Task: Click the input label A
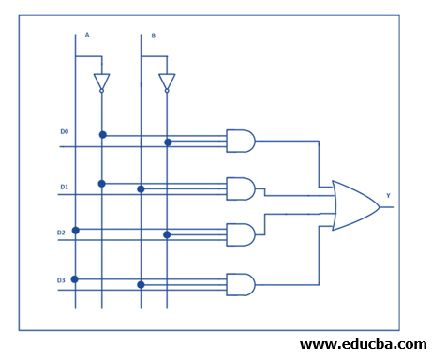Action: coord(87,35)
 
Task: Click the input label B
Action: coord(154,36)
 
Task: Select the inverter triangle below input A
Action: coord(101,82)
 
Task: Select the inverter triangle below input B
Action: coord(167,82)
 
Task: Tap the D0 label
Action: coord(64,131)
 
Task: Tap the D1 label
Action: coord(64,187)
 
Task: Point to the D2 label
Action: coord(61,232)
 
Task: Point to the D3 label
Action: coord(61,279)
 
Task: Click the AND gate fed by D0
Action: coord(241,141)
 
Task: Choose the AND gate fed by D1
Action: coord(241,188)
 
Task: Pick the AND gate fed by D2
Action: coord(241,234)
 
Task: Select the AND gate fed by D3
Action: coord(241,284)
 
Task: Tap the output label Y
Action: coord(388,197)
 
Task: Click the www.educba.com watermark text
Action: coord(363,345)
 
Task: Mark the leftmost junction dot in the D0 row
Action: coord(102,135)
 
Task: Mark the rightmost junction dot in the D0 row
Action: coord(168,142)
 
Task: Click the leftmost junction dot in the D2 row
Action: coord(75,230)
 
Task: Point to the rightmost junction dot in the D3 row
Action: coord(141,284)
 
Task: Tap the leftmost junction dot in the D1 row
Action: coord(102,183)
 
